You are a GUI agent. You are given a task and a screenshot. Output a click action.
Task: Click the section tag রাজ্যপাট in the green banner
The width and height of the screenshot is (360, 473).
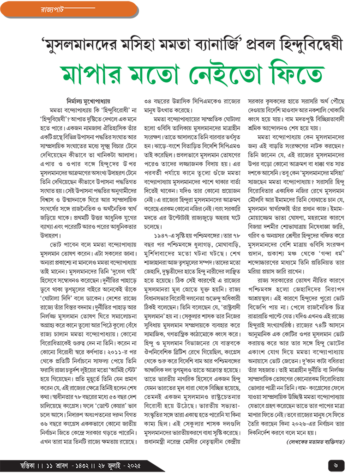tap(44, 9)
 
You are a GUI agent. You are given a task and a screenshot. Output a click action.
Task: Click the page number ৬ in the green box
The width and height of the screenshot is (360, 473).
tap(336, 462)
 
